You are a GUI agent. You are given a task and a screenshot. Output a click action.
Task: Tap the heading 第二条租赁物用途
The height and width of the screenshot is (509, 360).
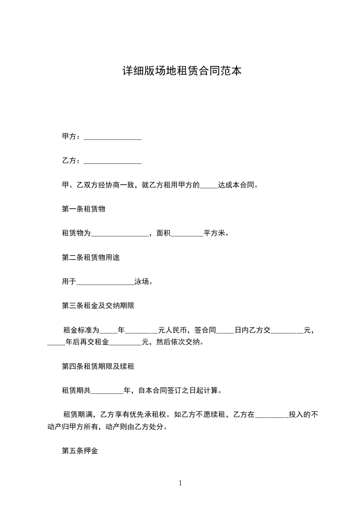[x=91, y=258]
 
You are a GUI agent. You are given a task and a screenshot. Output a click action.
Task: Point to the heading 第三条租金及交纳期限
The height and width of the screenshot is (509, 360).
[x=98, y=306]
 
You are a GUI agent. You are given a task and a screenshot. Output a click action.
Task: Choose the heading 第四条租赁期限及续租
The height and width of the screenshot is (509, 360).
[x=98, y=366]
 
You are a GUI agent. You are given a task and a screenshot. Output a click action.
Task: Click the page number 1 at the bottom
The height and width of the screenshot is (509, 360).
[x=180, y=483]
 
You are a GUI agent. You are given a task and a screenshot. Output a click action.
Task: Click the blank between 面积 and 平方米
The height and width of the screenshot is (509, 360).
[x=186, y=234]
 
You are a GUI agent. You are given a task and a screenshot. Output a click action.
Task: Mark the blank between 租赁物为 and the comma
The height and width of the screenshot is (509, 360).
[x=120, y=234]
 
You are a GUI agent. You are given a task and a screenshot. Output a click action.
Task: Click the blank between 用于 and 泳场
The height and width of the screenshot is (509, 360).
[x=105, y=282]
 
